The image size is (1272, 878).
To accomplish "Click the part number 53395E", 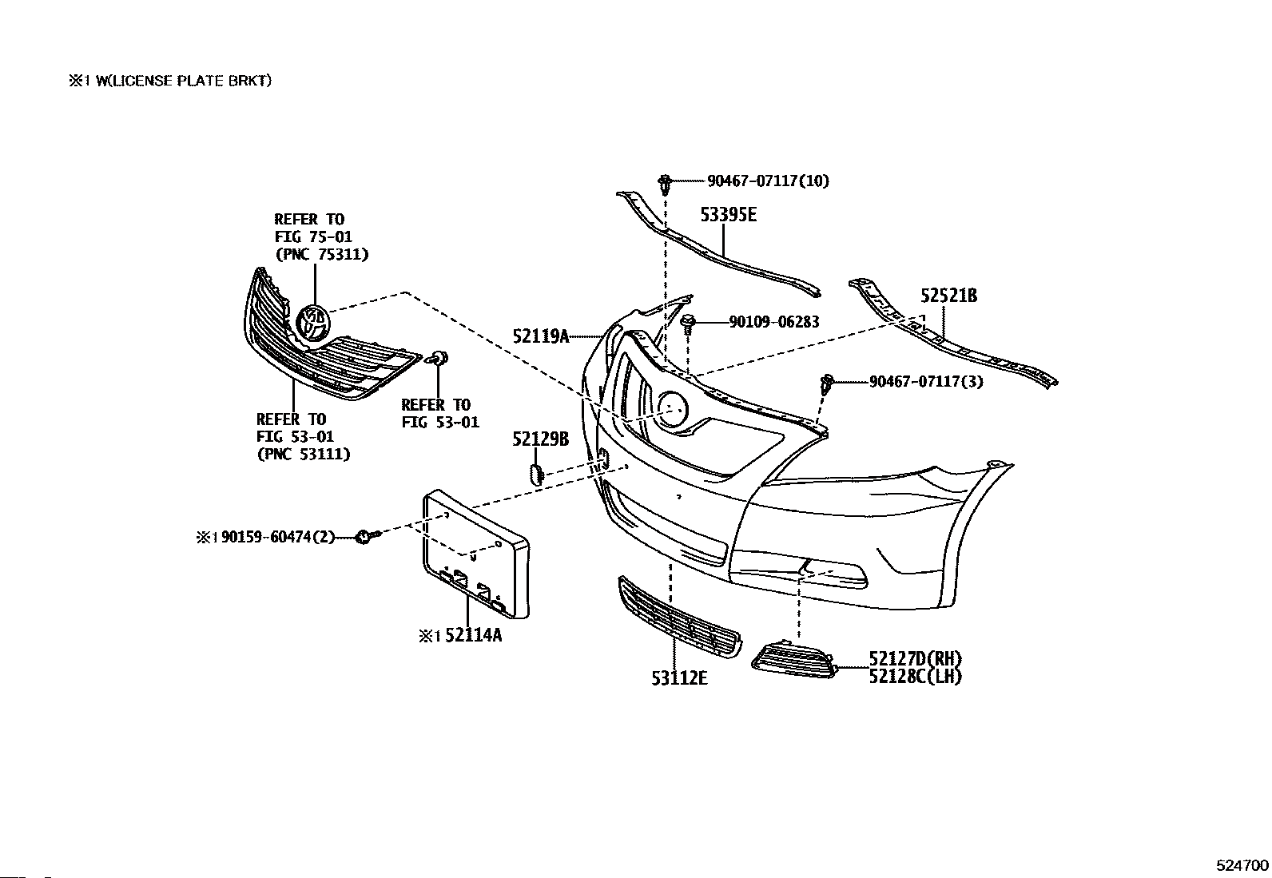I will pos(728,215).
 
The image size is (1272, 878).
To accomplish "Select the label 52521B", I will pos(948,296).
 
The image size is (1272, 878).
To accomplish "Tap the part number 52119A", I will pos(541,336).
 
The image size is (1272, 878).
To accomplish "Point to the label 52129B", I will pos(540,439).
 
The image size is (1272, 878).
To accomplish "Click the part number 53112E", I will pos(679,678).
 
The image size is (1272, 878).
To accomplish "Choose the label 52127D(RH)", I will pos(916,659).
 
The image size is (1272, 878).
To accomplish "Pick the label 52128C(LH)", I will pos(916,677).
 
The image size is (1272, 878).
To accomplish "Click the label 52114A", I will pos(474,635).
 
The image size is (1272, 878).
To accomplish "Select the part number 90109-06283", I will pos(773,323).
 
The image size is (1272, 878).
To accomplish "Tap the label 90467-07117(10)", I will pos(768,181).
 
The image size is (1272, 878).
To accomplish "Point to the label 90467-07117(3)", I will pos(926,382).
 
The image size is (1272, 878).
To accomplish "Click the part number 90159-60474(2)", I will pos(279,538).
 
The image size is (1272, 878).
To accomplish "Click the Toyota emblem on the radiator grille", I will pos(312,324).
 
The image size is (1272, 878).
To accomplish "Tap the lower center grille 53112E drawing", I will pos(678,615).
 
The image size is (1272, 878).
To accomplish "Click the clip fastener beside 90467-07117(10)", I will pos(665,183).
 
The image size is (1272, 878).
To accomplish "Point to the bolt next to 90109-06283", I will pos(689,324).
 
